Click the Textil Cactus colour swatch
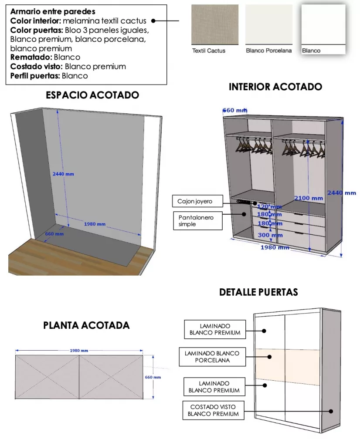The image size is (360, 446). (215, 25)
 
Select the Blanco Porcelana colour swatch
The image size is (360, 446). (268, 25)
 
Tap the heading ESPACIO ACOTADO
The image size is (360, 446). (92, 95)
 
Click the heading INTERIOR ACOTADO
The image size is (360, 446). (275, 87)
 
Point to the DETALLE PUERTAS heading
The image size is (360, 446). (258, 292)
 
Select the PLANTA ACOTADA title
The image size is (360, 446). (86, 325)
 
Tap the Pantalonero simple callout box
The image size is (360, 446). (198, 220)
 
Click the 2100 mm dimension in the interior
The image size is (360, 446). (308, 198)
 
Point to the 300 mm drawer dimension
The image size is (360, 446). (270, 235)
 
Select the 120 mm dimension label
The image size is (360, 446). (269, 206)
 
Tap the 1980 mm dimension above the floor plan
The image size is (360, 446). (79, 351)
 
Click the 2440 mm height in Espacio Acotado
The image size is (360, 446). (63, 174)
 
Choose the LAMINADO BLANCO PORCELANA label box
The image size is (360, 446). (212, 357)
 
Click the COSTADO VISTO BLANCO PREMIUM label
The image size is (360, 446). (213, 410)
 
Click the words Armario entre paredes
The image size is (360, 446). (53, 12)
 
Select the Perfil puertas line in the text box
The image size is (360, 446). (49, 76)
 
